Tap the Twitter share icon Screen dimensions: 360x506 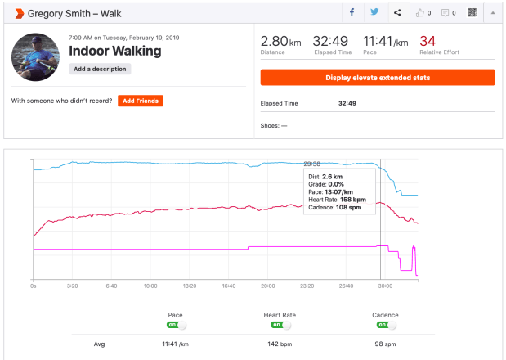pos(374,13)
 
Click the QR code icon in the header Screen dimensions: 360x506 pos(472,13)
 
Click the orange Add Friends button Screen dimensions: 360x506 pos(140,101)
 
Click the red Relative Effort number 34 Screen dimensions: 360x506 pos(428,41)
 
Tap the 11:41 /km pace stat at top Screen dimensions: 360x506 pos(383,41)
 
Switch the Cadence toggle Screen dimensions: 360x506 pos(387,325)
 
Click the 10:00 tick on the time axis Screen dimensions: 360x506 pos(150,286)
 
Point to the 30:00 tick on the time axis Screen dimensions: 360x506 pos(385,286)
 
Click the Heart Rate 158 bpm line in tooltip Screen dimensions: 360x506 pos(335,200)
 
